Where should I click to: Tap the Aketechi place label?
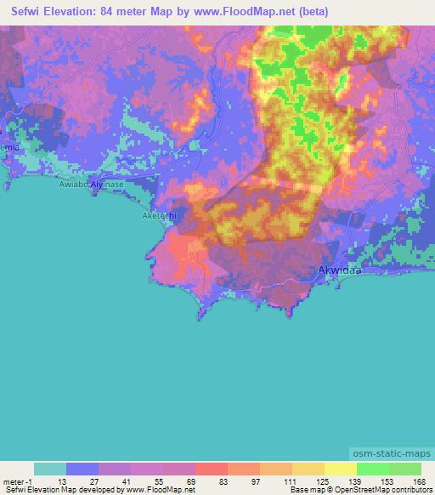point(159,217)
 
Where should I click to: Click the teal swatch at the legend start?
point(50,469)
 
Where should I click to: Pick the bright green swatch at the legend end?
point(405,469)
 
